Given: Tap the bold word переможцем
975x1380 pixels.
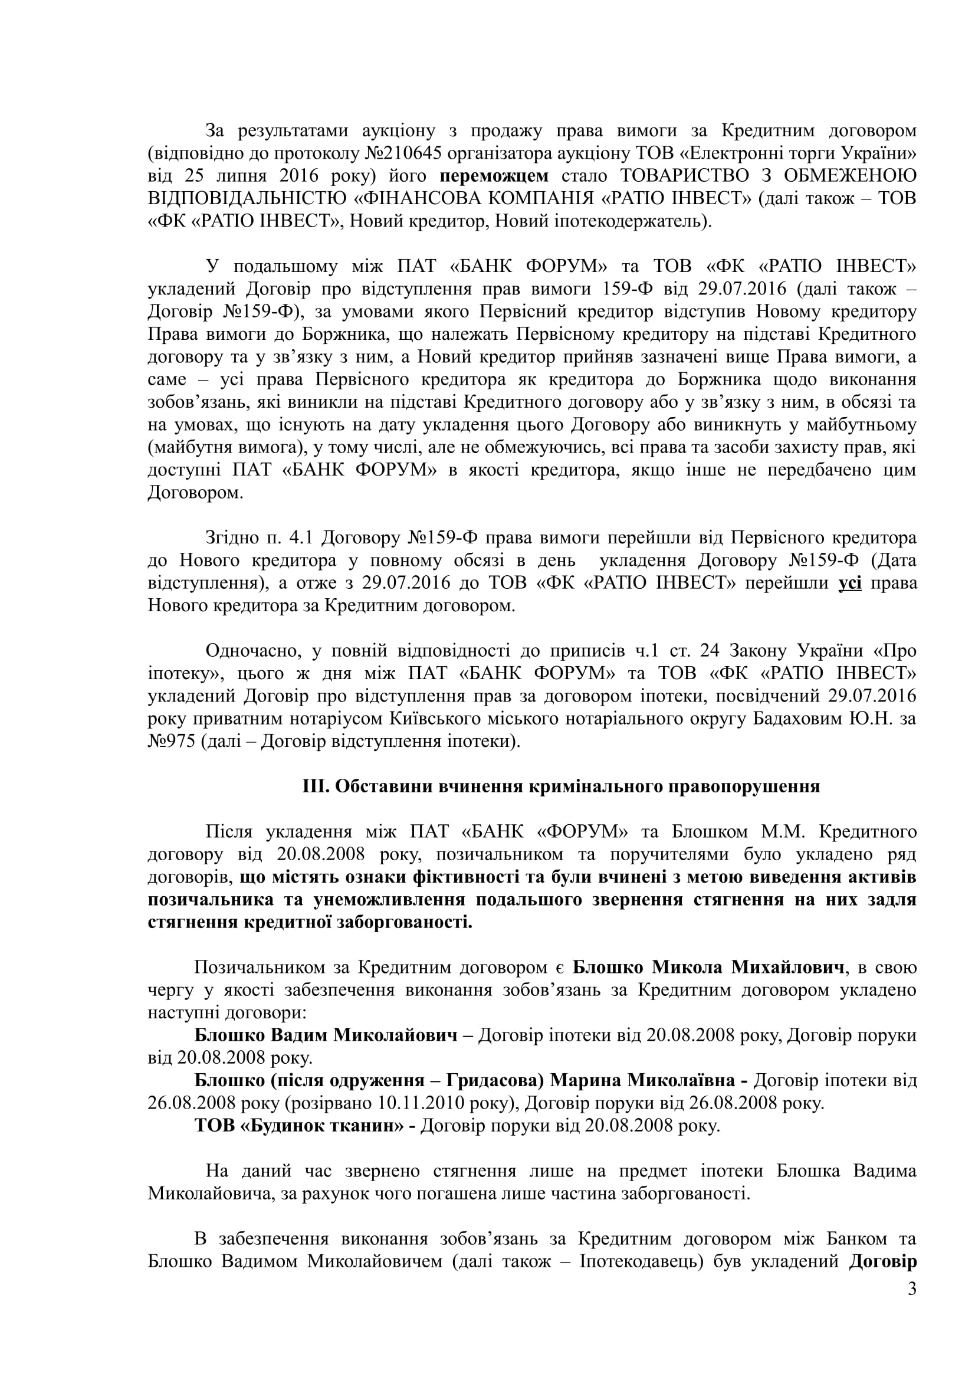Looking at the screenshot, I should pos(494,176).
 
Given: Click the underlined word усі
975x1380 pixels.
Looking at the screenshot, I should pos(849,583).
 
